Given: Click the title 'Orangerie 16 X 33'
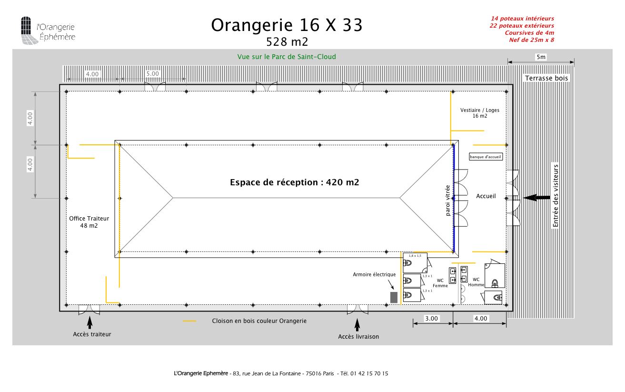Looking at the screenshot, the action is tap(287, 25).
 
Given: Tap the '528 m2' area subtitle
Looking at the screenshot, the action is tap(287, 42).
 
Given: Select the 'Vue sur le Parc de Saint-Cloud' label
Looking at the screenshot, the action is tap(287, 57).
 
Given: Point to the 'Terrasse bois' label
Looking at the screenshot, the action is tap(546, 78).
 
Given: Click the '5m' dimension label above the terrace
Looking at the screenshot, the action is tap(541, 57).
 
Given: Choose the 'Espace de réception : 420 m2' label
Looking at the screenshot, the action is tap(294, 182).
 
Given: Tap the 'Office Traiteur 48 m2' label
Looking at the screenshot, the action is tap(89, 222).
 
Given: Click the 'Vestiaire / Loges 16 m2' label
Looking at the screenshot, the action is tap(480, 113).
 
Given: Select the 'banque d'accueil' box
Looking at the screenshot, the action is tap(486, 157).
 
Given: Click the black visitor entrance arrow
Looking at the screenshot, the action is tap(536, 197).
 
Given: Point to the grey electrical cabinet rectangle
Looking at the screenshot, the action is tap(394, 297).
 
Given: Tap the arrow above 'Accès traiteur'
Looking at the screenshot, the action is tap(89, 322).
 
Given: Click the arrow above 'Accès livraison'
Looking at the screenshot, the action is tap(357, 325).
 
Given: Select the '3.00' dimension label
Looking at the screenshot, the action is tap(431, 319).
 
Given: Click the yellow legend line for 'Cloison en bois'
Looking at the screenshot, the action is tap(189, 321).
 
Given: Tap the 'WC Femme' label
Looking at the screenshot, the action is tap(440, 283).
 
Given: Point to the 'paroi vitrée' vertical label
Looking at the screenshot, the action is tap(448, 201).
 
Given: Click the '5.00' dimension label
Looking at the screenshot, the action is tap(152, 74).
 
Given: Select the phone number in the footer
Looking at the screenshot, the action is tap(364, 373).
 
